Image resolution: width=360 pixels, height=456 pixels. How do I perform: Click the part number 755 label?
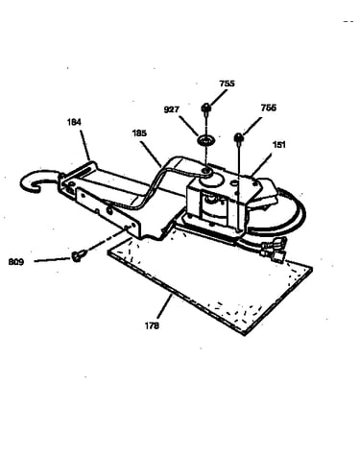coord(227,84)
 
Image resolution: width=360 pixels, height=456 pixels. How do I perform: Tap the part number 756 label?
coord(268,108)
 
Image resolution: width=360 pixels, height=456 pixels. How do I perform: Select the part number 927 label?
coord(171,109)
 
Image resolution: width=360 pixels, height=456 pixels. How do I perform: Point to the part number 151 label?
coord(278,145)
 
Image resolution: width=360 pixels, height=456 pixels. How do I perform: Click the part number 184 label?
coord(74,122)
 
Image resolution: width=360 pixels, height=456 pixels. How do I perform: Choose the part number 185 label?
coord(139,133)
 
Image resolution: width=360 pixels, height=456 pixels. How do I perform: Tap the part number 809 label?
coord(16,262)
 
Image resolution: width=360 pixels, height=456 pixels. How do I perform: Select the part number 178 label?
coord(152,325)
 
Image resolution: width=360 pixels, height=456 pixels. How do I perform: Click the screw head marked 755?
coord(205,108)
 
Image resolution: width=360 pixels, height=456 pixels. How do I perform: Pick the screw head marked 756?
coord(239,138)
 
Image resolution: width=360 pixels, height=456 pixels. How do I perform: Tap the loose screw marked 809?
coord(77,255)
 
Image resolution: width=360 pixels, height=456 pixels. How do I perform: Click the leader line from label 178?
coord(164,307)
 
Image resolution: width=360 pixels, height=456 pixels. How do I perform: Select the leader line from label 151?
coord(261,164)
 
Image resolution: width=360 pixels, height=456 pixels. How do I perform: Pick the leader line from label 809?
coord(52,259)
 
